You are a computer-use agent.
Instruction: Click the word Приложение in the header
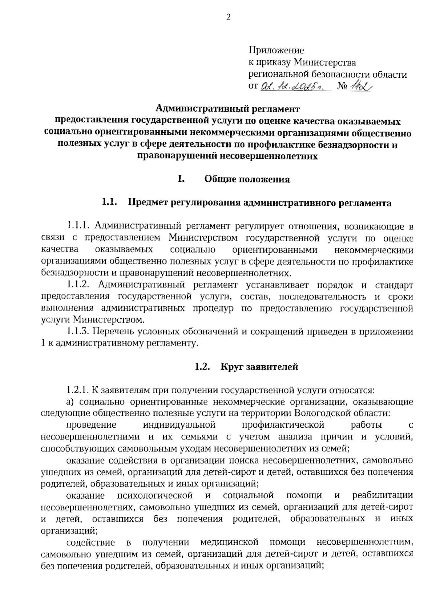click(x=276, y=50)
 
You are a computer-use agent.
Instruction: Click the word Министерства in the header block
click(x=324, y=63)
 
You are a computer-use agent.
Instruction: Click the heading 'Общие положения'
click(x=247, y=179)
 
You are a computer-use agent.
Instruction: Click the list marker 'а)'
click(x=70, y=402)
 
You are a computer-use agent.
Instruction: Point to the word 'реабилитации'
click(x=383, y=495)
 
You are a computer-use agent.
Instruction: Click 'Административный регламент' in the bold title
click(x=228, y=109)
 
